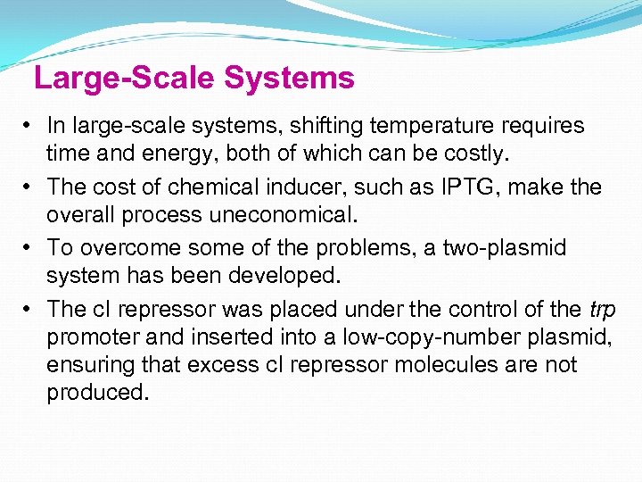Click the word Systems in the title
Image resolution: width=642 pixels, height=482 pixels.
[289, 79]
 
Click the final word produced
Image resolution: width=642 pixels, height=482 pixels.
[97, 394]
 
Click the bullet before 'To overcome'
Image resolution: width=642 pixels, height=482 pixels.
[29, 247]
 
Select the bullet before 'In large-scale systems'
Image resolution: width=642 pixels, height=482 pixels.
[29, 126]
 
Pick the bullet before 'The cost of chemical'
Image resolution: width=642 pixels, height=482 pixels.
[29, 187]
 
